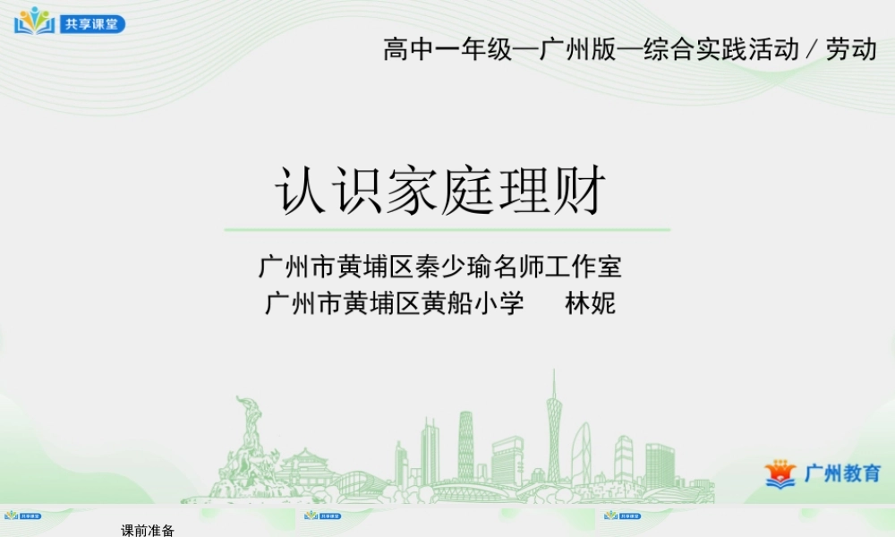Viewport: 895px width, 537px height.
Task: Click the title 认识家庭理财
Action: (440, 190)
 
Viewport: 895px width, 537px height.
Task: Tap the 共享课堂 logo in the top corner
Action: (70, 21)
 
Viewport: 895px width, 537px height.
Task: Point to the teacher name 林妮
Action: (590, 303)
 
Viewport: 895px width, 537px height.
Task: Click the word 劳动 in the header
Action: (851, 49)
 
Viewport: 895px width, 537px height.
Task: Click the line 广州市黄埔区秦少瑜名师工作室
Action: (440, 266)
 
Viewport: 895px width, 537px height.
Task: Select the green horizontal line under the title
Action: (447, 230)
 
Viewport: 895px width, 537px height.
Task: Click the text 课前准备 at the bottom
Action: (148, 531)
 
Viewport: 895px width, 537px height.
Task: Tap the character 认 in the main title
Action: (300, 190)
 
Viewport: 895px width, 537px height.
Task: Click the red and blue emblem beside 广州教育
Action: (780, 473)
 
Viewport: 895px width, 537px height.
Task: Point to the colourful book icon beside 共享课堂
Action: (35, 21)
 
